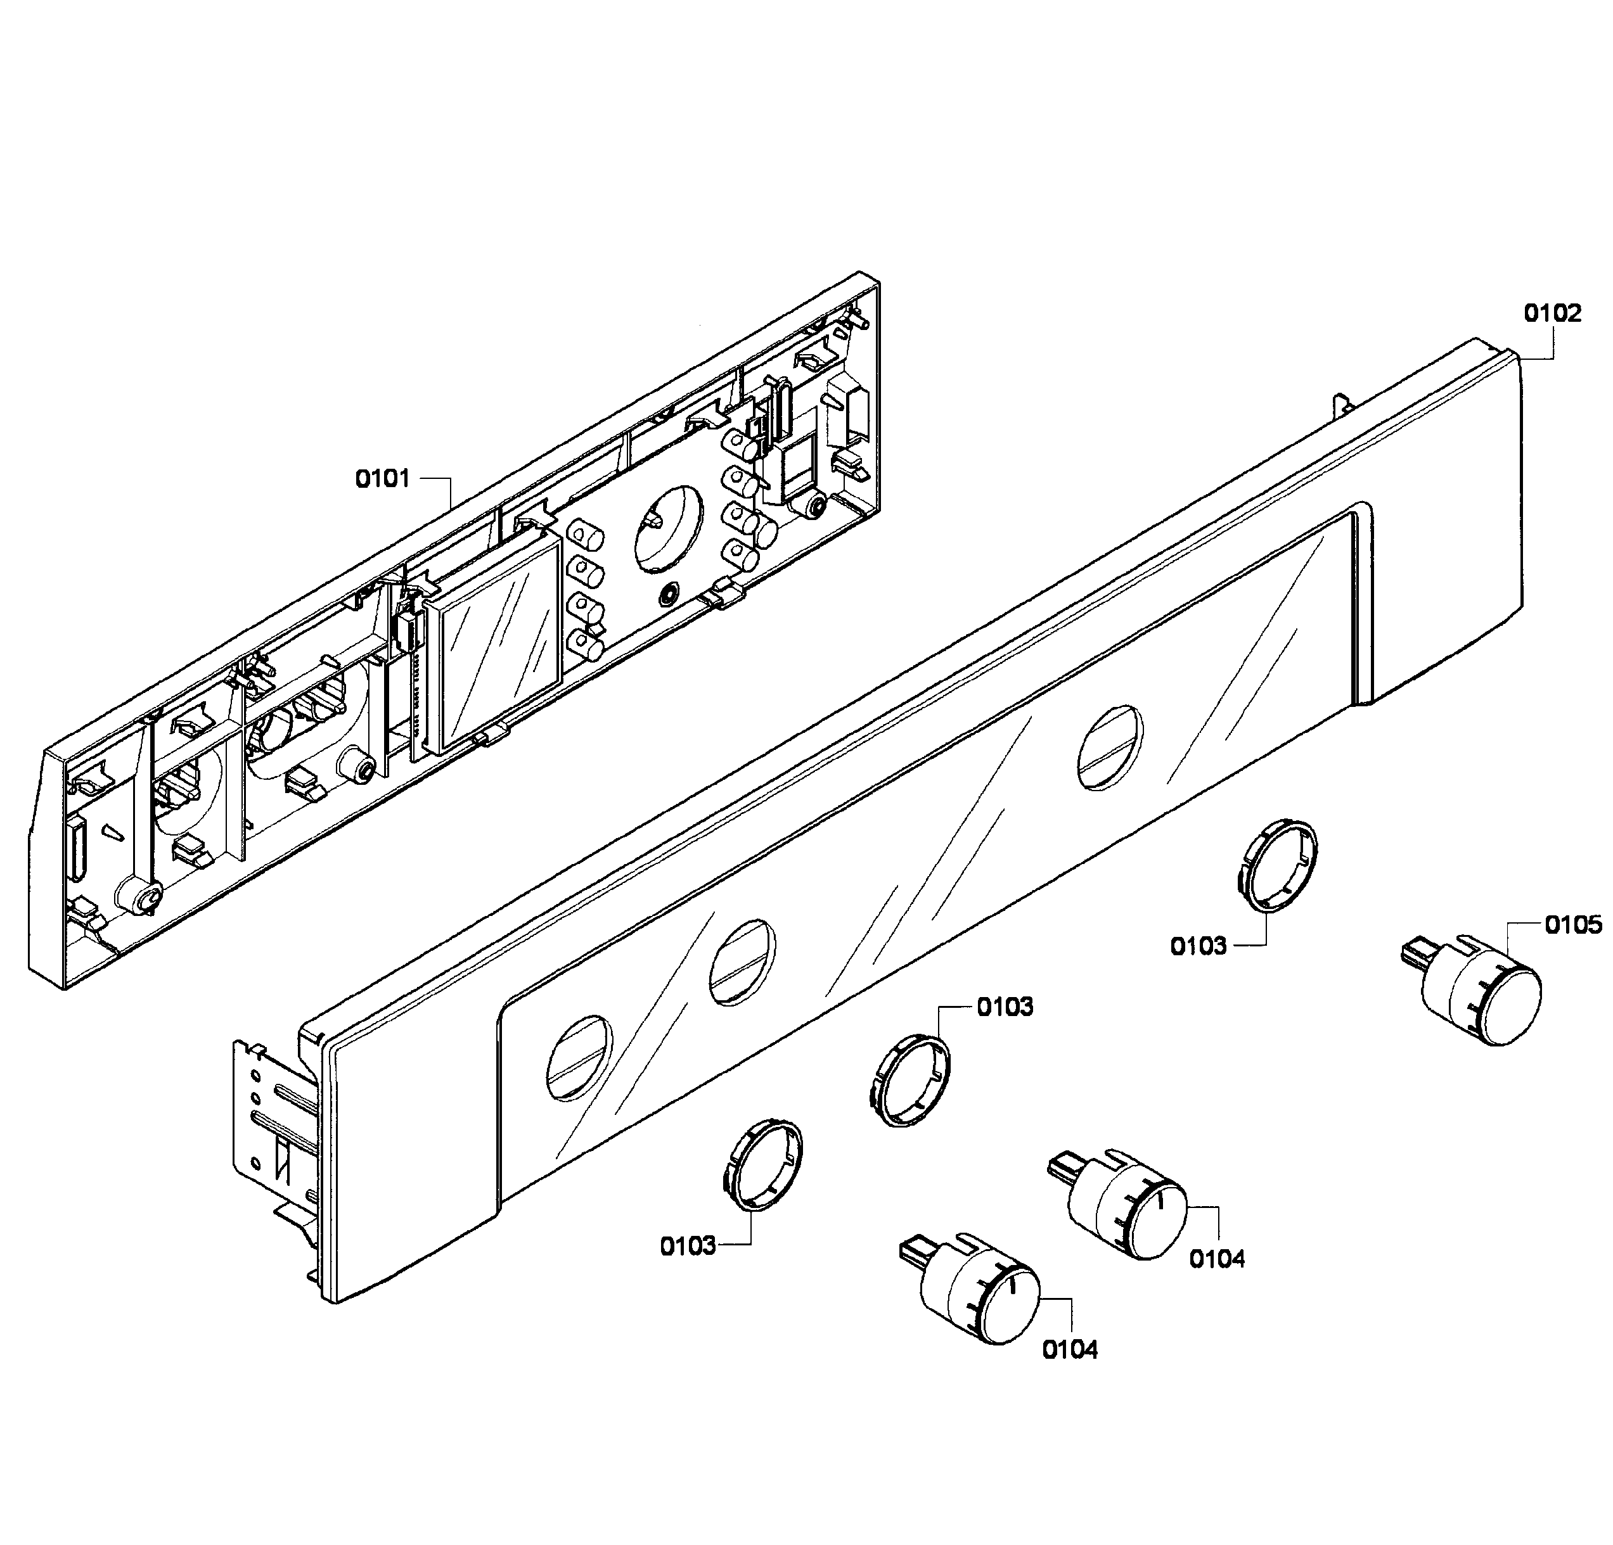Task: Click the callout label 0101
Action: click(x=383, y=479)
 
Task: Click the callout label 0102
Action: click(x=1552, y=314)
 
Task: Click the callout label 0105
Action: click(x=1572, y=925)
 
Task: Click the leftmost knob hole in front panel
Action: click(x=579, y=1057)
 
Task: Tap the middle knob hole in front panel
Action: click(x=742, y=963)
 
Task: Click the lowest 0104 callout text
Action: click(x=1070, y=1350)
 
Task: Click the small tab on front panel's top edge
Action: click(x=1343, y=405)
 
